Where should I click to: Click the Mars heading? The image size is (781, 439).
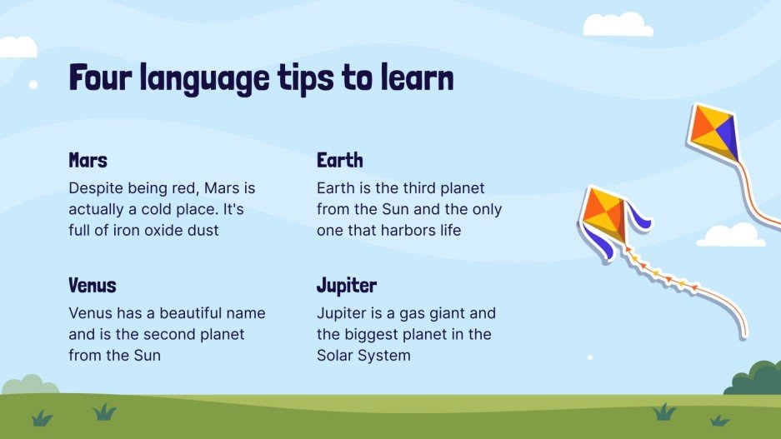pyautogui.click(x=88, y=160)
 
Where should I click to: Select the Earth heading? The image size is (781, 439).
pyautogui.click(x=339, y=160)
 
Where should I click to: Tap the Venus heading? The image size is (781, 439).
pyautogui.click(x=92, y=286)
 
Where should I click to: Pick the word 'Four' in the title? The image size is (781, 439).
pyautogui.click(x=101, y=78)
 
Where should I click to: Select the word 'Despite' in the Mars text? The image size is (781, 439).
pyautogui.click(x=96, y=188)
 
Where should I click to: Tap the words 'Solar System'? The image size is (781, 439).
pyautogui.click(x=363, y=356)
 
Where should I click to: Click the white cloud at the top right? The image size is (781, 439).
pyautogui.click(x=617, y=25)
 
